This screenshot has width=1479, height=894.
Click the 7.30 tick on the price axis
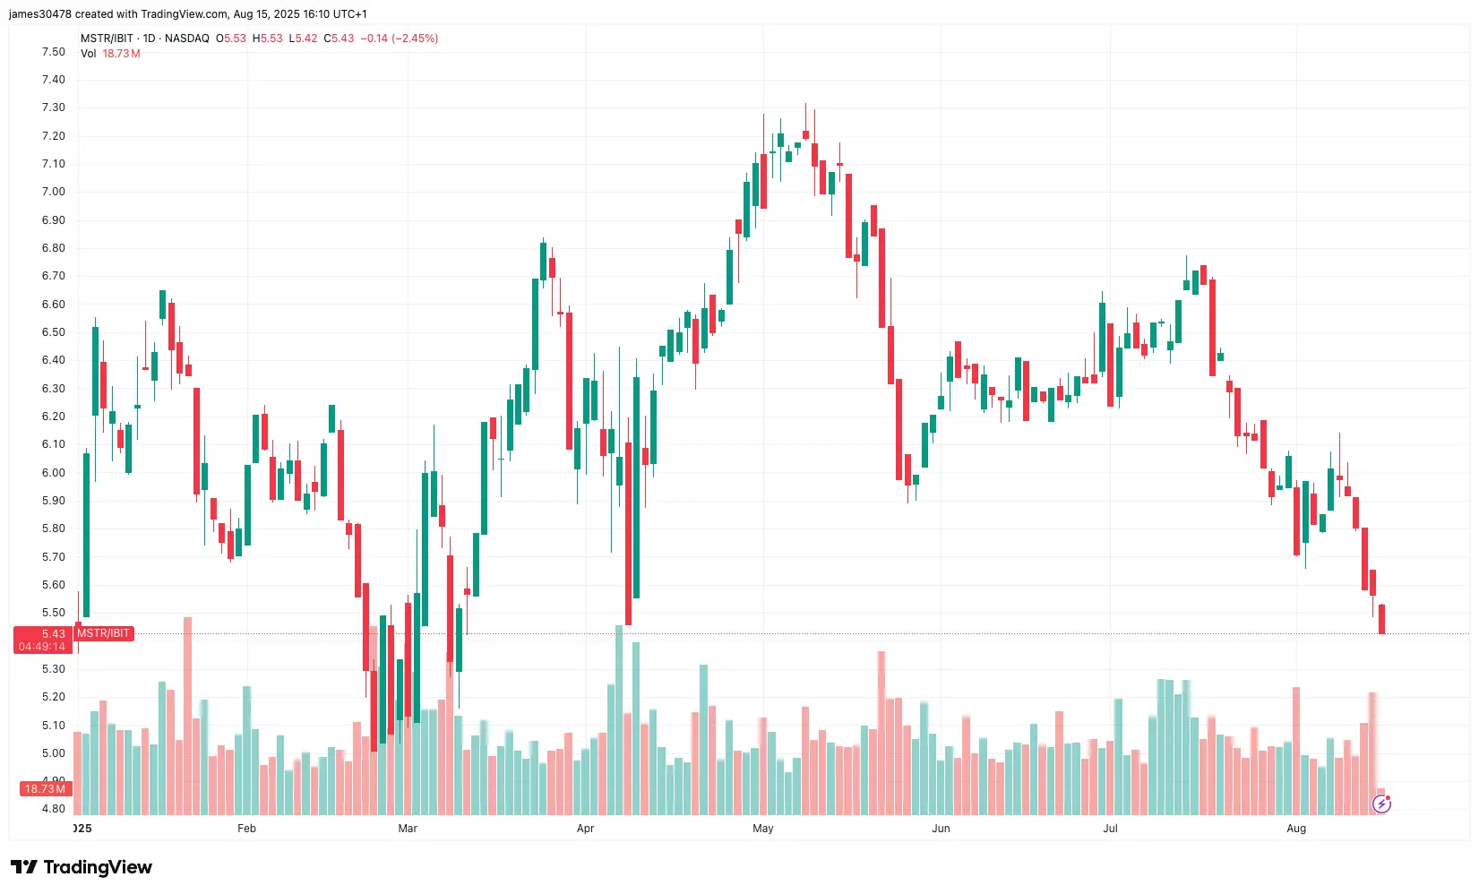53,107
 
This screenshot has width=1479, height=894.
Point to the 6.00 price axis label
53,473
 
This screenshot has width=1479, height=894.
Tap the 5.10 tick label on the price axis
53,726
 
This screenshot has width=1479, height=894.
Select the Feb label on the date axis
246,829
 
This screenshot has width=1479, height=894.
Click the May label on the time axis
763,829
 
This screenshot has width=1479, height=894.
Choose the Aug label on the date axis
1296,829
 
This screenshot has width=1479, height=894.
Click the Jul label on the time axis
1110,829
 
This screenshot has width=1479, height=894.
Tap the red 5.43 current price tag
42,640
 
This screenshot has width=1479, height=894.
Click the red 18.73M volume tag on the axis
45,789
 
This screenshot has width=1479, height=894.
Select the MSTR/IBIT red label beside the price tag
103,633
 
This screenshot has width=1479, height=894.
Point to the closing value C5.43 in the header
339,39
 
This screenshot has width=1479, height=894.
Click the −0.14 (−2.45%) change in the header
399,39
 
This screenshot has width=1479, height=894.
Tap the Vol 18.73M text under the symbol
110,54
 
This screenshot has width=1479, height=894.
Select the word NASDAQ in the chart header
186,39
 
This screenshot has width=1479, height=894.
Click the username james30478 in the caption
39,14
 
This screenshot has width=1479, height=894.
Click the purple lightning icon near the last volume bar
1381,804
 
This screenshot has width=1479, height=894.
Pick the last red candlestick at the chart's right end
1382,619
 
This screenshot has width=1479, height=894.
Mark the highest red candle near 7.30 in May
805,134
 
